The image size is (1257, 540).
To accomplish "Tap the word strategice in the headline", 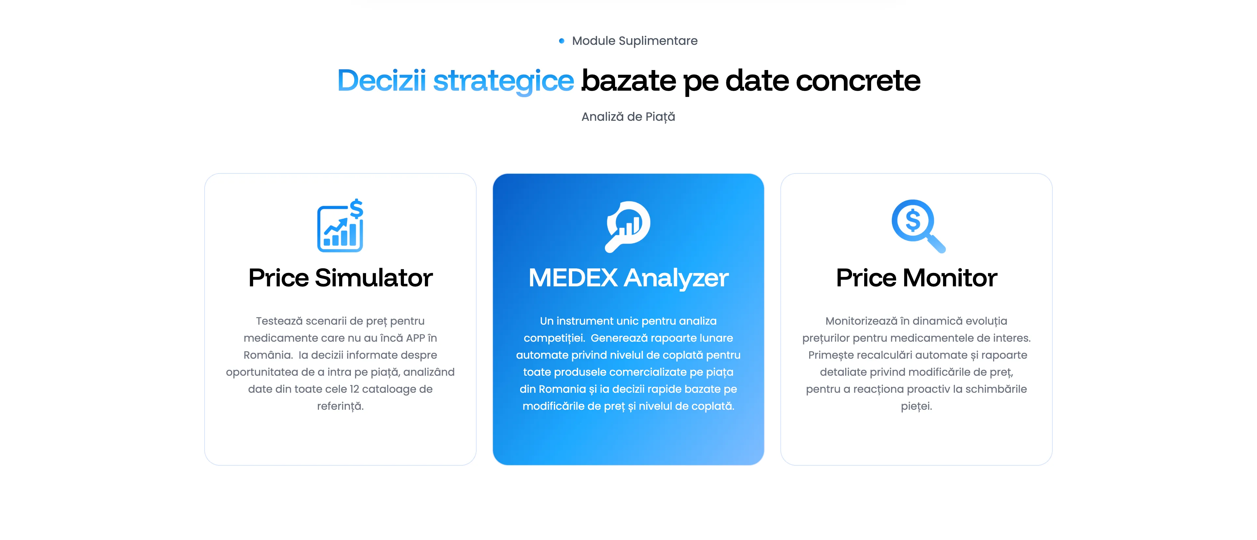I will tap(503, 81).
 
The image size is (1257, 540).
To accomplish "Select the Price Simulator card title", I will tap(340, 278).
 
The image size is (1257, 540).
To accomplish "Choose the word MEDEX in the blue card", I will tap(573, 278).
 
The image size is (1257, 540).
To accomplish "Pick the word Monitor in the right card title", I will tap(950, 278).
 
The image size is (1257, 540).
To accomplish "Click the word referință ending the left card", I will tap(340, 406).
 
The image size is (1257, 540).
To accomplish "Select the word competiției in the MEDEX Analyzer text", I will tap(554, 338).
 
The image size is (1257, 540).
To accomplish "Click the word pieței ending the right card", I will tap(916, 406).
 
